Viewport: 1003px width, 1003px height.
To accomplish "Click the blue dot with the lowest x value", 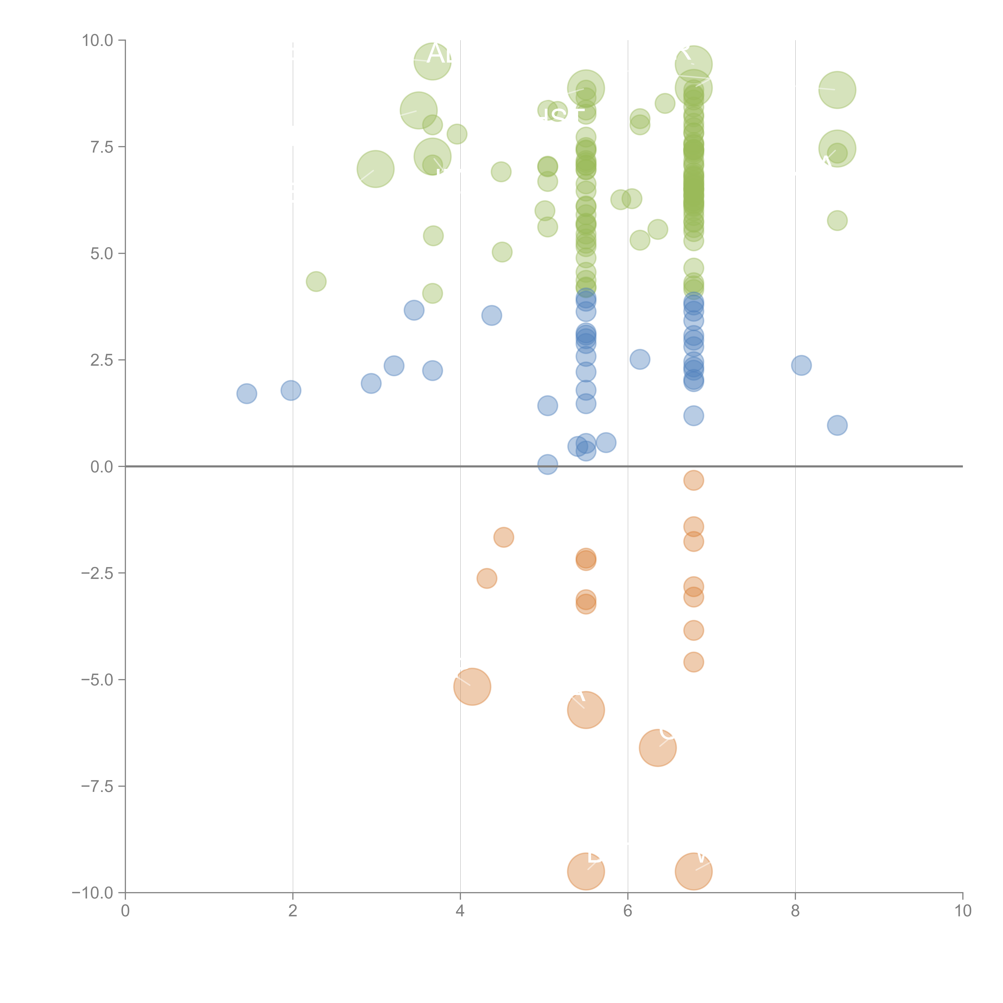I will coord(247,394).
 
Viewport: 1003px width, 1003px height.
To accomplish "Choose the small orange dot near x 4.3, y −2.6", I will coord(486,578).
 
